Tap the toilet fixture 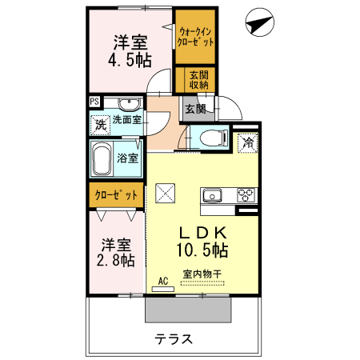click(x=212, y=135)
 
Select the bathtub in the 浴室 click(x=102, y=159)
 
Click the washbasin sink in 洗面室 click(x=127, y=104)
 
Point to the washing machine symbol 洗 click(x=100, y=124)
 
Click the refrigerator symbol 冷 click(x=248, y=143)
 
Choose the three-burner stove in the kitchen click(x=245, y=195)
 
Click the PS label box click(x=94, y=102)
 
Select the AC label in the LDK click(x=163, y=281)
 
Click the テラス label click(x=174, y=338)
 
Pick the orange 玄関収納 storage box click(x=198, y=80)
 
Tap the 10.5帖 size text click(x=202, y=250)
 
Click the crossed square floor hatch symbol click(x=166, y=193)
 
